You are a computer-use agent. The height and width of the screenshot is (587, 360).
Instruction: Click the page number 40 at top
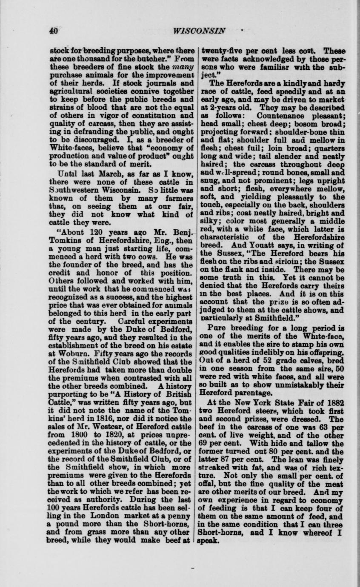click(x=53, y=31)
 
